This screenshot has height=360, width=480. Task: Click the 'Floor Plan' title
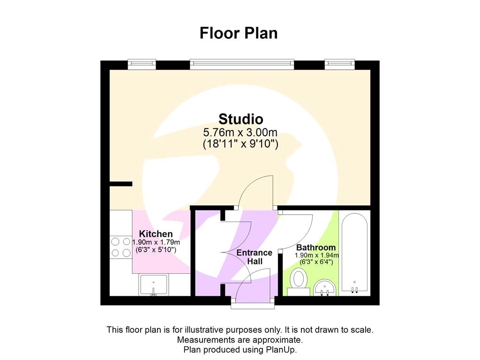coord(239,33)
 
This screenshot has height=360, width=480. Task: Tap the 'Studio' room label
coord(241,119)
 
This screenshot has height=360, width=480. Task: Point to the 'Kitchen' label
coord(156,234)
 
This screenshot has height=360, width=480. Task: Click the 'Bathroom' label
coord(315,247)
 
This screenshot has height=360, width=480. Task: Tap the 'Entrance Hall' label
coord(254,257)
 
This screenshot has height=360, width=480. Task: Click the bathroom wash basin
coord(324,287)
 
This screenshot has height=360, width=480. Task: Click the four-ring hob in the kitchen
coord(120,247)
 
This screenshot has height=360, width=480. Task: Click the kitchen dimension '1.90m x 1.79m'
coord(156,242)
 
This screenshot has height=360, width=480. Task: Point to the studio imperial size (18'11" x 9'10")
coord(241,144)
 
